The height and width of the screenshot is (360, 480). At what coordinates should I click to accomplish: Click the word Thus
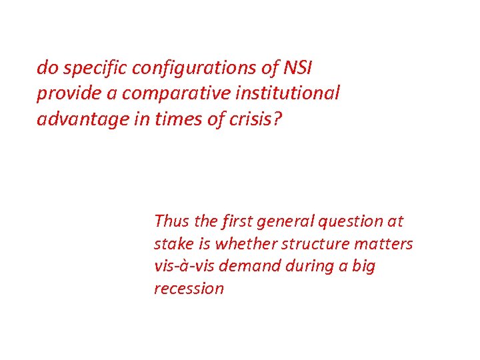(170, 221)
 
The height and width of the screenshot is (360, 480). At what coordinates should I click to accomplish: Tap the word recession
(189, 289)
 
